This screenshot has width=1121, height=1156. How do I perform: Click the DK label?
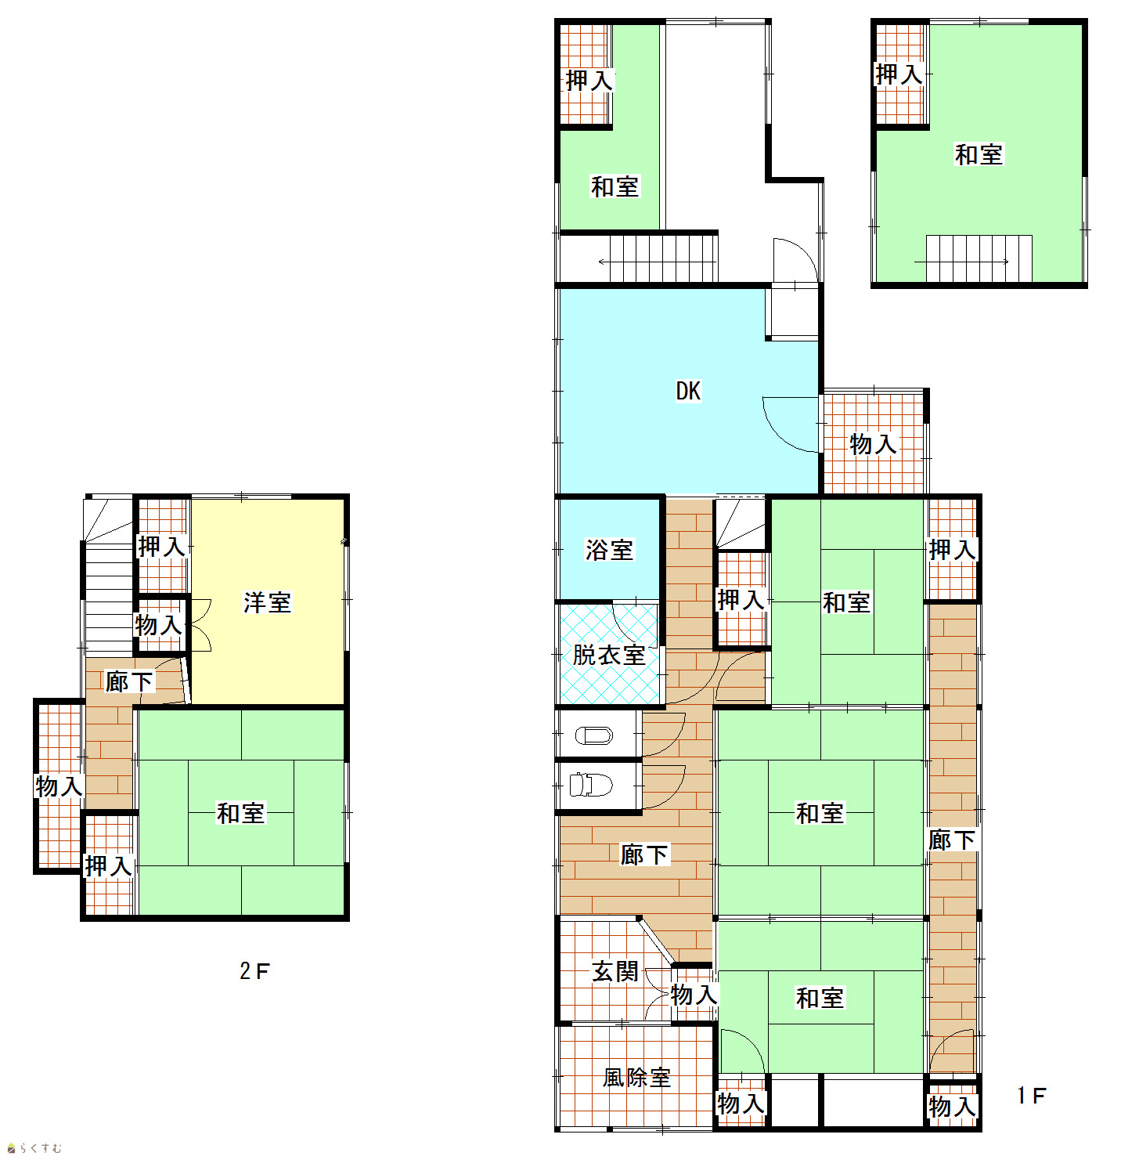click(x=688, y=391)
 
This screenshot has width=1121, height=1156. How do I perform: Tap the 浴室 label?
click(x=609, y=550)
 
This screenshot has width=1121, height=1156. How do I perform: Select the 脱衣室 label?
click(x=609, y=656)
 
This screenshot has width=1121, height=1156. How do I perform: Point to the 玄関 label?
click(x=615, y=972)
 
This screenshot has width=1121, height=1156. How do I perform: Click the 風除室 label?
click(x=636, y=1077)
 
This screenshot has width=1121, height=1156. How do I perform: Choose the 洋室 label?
click(x=267, y=602)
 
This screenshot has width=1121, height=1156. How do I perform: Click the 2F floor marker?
click(x=254, y=971)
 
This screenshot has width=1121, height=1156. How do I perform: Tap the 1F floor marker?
click(x=1031, y=1096)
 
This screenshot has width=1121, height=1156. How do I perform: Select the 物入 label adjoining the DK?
click(x=873, y=444)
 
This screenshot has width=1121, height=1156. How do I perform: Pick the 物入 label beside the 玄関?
click(x=694, y=994)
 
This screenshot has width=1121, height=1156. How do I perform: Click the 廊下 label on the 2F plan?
click(x=129, y=681)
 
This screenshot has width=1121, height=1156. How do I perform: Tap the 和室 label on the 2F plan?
click(x=240, y=813)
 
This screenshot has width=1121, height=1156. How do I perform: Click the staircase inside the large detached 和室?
click(x=979, y=258)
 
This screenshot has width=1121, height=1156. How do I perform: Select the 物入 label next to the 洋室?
click(x=158, y=625)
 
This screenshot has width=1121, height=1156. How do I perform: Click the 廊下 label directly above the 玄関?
click(x=644, y=854)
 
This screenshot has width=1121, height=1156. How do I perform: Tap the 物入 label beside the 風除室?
click(x=741, y=1104)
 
